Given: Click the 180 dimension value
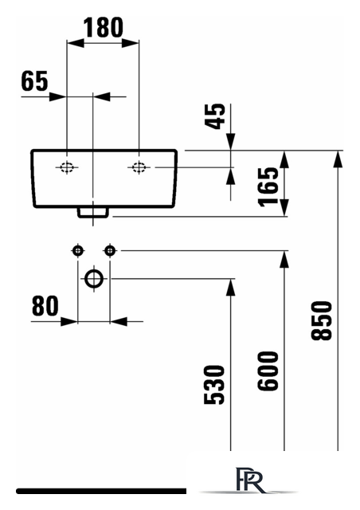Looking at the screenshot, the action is [x=104, y=27].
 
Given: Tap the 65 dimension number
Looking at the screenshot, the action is [x=34, y=80].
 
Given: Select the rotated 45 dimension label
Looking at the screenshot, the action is [x=215, y=116].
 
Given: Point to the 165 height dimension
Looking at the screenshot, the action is [x=268, y=186].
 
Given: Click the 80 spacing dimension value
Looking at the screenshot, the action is [x=45, y=305].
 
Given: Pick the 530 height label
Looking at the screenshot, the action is [x=214, y=385].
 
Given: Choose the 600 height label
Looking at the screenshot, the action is [x=268, y=371].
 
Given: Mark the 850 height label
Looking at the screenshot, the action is [x=322, y=320].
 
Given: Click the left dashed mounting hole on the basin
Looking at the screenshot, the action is [x=67, y=167].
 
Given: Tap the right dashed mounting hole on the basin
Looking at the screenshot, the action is [x=139, y=167].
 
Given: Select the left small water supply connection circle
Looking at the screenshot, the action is [x=78, y=251].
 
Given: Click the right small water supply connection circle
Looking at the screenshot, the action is [x=110, y=251].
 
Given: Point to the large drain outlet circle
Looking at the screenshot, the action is [x=94, y=279].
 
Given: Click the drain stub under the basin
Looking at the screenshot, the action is [x=92, y=213].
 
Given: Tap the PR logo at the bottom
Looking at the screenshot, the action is [x=250, y=480].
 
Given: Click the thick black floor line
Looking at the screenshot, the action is [x=101, y=491].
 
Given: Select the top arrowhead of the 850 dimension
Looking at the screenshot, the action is [x=338, y=159].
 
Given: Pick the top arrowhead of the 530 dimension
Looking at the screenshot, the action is [x=230, y=288].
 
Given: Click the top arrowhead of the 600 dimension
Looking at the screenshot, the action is [x=284, y=260].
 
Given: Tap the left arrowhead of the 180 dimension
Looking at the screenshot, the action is [x=75, y=42].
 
